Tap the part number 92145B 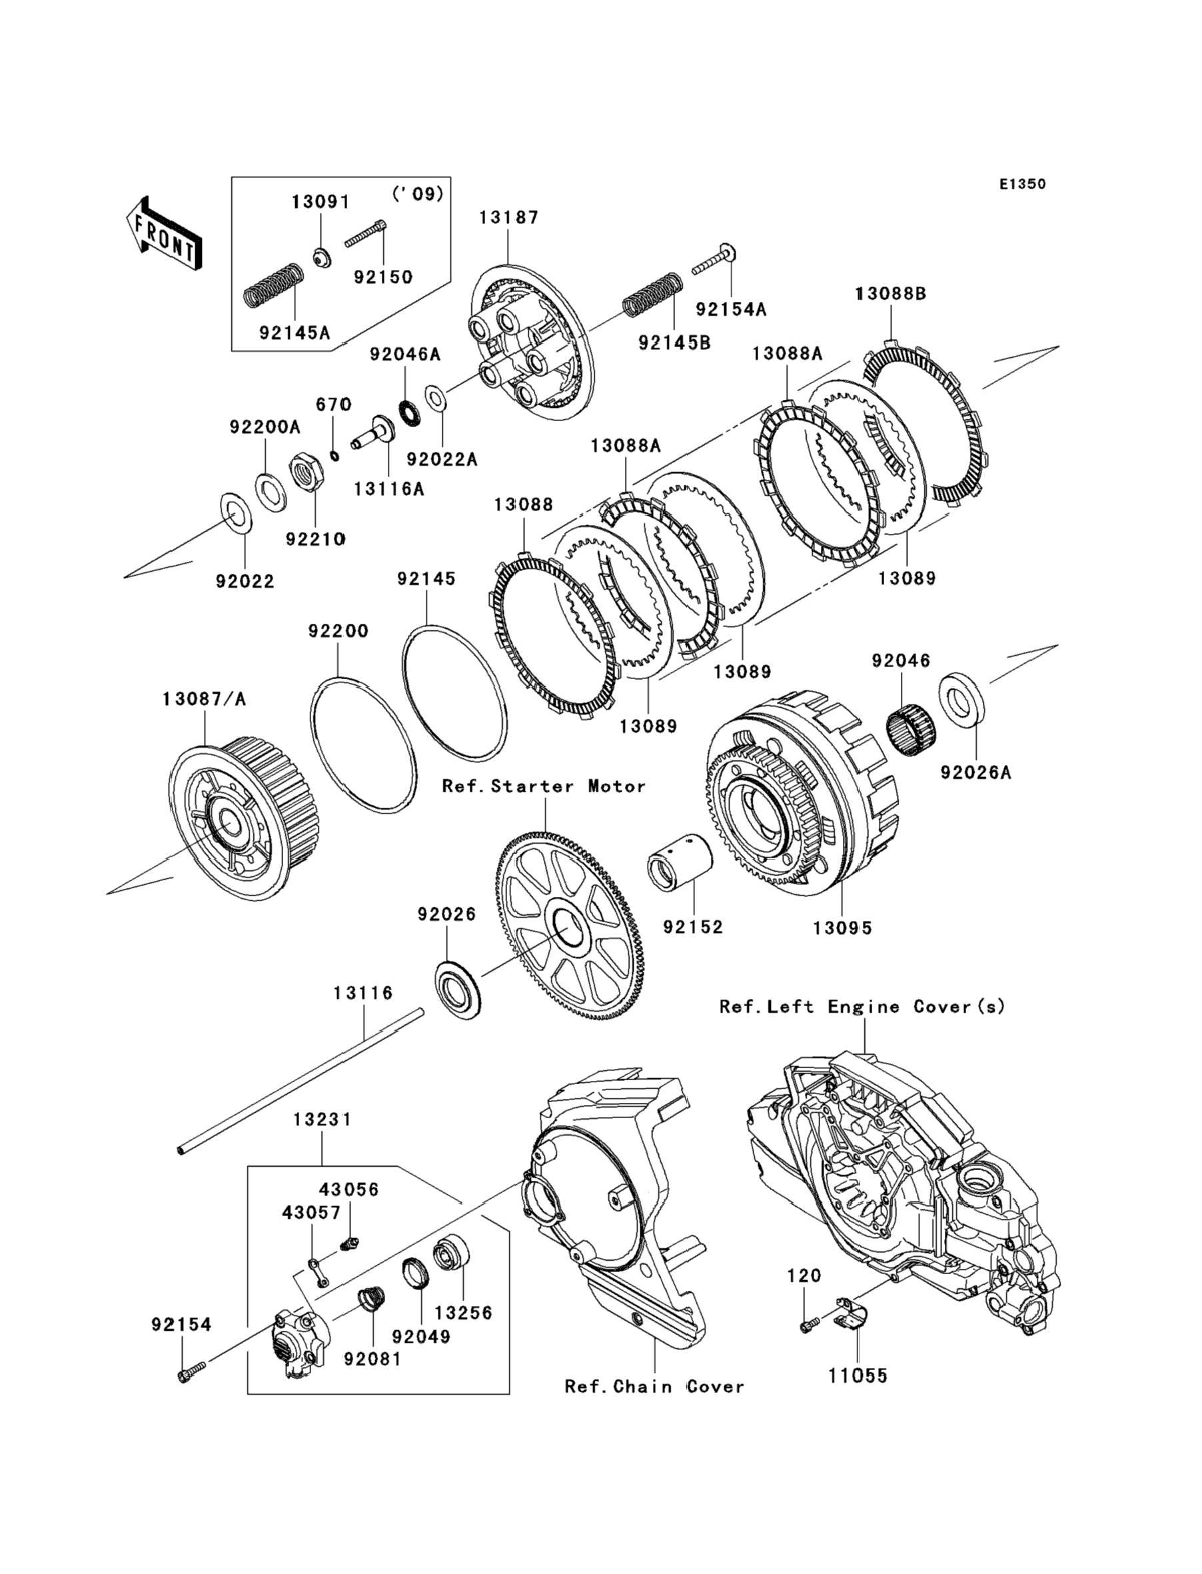(x=675, y=343)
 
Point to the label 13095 (x=842, y=928)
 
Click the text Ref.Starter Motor (x=544, y=786)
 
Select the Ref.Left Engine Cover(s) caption (x=862, y=1007)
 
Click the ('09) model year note (x=418, y=194)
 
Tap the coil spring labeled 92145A (x=273, y=285)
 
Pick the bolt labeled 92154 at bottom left (x=191, y=1373)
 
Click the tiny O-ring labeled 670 (x=334, y=455)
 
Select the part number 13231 (x=322, y=1118)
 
